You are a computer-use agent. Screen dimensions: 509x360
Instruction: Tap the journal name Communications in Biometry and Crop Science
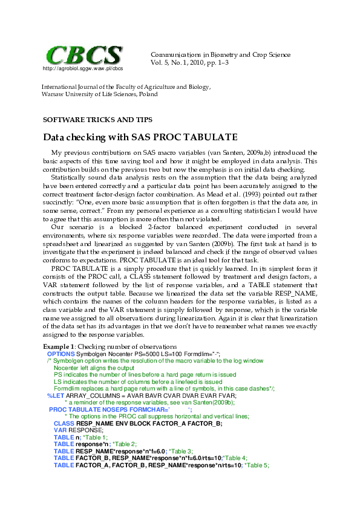click(x=220, y=54)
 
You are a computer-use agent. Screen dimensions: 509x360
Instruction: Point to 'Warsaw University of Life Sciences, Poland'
click(x=99, y=94)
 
